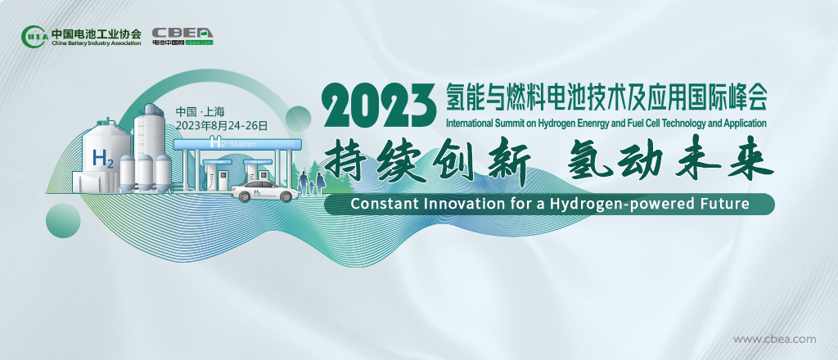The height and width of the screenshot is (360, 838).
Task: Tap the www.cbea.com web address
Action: tap(774, 339)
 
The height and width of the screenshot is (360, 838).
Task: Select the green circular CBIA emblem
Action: tap(35, 36)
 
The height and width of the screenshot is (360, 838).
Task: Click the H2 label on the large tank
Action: tap(103, 159)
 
